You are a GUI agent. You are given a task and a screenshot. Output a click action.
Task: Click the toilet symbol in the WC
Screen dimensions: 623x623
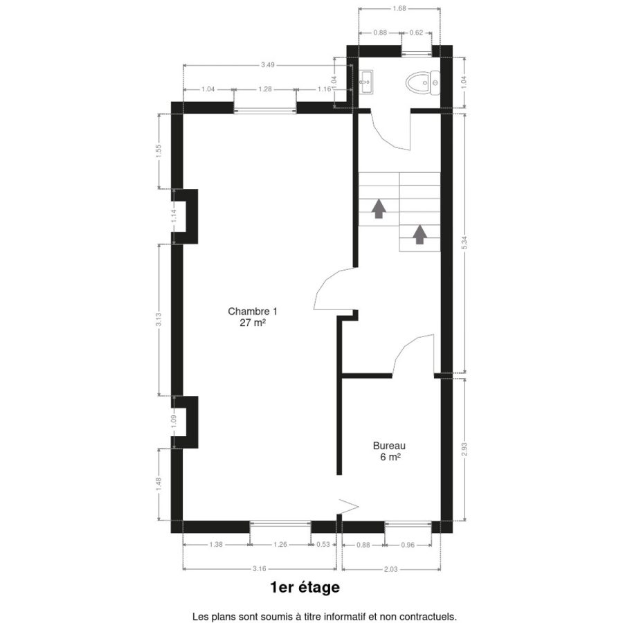(423, 83)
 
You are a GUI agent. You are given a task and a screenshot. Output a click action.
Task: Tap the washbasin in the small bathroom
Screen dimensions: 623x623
(366, 82)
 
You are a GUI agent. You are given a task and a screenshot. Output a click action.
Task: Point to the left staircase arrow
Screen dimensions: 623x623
(379, 208)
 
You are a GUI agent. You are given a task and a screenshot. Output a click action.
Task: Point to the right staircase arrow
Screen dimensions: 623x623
(419, 235)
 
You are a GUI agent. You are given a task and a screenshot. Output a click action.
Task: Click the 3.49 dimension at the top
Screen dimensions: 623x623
(268, 65)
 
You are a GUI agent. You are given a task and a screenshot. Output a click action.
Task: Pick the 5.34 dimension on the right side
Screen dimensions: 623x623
(464, 242)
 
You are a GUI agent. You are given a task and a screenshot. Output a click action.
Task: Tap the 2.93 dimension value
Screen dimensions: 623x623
(464, 449)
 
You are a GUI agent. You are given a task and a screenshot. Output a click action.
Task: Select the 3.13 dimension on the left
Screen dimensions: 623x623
(159, 319)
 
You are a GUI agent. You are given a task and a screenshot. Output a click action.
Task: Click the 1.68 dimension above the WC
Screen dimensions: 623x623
(399, 8)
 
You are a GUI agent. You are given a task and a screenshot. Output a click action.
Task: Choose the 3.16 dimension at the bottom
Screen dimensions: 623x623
(260, 568)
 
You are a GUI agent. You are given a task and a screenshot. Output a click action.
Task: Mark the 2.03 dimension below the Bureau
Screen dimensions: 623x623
(390, 569)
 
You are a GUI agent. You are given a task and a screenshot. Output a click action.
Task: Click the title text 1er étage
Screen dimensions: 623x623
(305, 587)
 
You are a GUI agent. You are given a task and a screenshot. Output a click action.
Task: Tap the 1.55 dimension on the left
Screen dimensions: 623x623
(159, 151)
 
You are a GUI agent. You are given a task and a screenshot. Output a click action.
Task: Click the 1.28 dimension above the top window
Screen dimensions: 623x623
(265, 89)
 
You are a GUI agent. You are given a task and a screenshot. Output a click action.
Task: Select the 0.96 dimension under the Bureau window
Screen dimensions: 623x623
(408, 545)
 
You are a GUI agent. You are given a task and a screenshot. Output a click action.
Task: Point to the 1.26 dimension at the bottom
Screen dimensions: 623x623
(280, 544)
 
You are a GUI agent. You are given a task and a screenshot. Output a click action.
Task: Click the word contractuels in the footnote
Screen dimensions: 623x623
(431, 617)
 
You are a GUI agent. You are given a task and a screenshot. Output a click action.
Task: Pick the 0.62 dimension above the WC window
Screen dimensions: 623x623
(417, 33)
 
